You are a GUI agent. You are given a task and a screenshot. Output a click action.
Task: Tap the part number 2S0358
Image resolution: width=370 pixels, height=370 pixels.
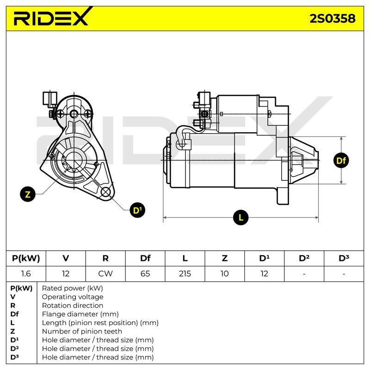point(332,18)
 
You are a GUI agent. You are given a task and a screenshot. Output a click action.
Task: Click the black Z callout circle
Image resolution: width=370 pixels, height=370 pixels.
point(28,194)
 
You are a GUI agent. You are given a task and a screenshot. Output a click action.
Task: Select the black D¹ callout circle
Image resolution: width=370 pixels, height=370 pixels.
point(137,210)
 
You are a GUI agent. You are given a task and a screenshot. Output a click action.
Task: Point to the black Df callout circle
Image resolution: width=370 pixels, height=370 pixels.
point(341,160)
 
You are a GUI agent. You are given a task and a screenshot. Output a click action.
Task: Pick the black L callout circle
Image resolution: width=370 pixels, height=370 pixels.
point(240,217)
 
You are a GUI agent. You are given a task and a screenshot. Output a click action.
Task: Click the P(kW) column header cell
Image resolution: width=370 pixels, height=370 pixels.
point(26,259)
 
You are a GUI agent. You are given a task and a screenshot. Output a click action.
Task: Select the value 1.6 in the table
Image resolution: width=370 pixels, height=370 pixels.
point(26,274)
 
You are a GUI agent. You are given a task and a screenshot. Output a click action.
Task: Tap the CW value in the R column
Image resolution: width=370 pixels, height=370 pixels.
point(105,274)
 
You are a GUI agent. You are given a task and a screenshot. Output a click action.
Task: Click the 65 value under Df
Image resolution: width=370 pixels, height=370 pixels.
point(145,274)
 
